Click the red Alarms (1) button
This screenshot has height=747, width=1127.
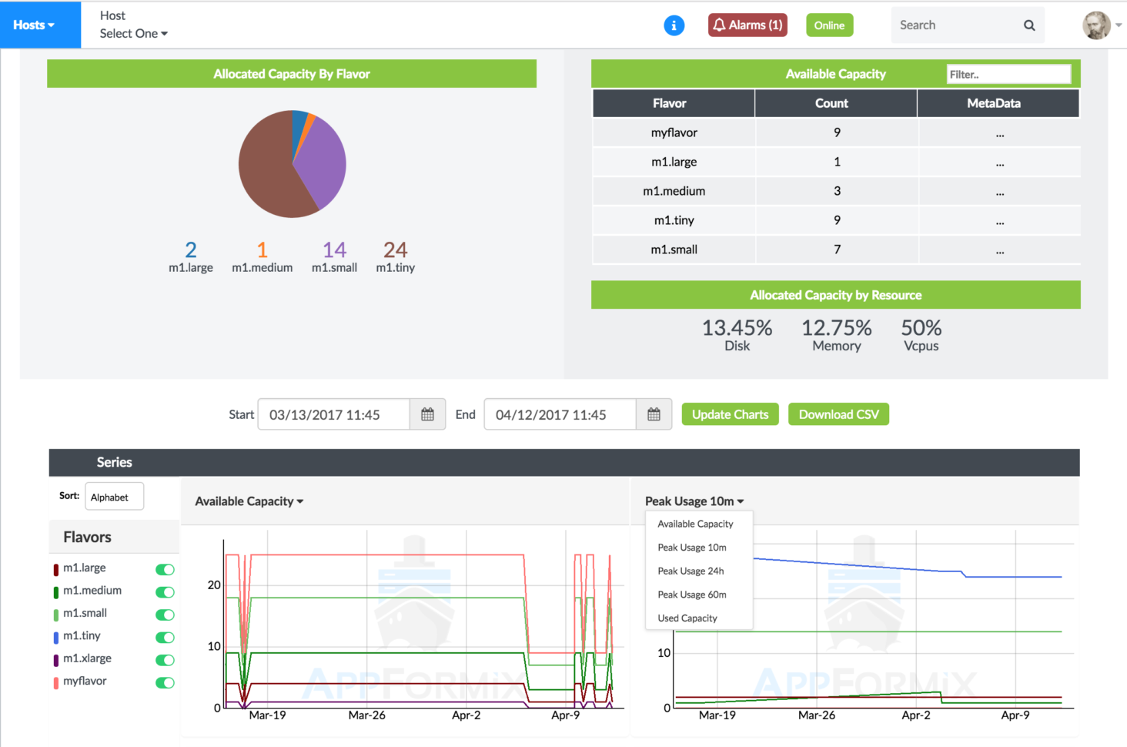tap(747, 25)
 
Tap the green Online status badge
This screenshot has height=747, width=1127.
tap(829, 25)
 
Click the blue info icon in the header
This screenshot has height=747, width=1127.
tap(674, 25)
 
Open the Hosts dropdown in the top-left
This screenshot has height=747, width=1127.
tap(34, 25)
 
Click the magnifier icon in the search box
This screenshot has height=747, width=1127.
tap(1028, 25)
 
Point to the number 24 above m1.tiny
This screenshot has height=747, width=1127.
tap(395, 250)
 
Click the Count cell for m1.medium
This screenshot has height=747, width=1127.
tap(836, 191)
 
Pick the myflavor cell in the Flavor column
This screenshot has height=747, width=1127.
tap(674, 132)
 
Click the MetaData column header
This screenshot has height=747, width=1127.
tap(993, 103)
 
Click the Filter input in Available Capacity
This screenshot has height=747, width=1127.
tap(1008, 75)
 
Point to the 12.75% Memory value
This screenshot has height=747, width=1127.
tap(836, 329)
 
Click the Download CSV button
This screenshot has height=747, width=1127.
tap(838, 414)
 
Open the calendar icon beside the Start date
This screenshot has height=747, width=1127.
tap(427, 414)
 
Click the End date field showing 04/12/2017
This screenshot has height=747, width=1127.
tap(560, 414)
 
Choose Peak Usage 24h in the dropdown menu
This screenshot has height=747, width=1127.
tap(691, 571)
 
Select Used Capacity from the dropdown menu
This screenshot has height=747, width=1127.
tap(687, 618)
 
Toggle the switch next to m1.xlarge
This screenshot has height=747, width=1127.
tap(165, 660)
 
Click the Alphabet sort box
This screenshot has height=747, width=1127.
tap(114, 497)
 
